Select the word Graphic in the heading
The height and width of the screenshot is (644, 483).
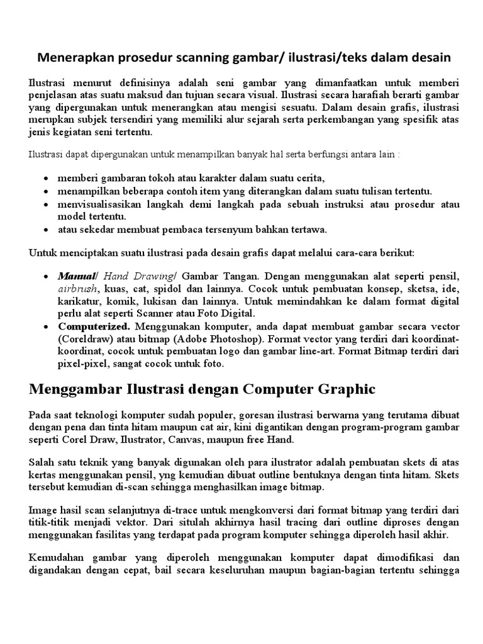(342, 389)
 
